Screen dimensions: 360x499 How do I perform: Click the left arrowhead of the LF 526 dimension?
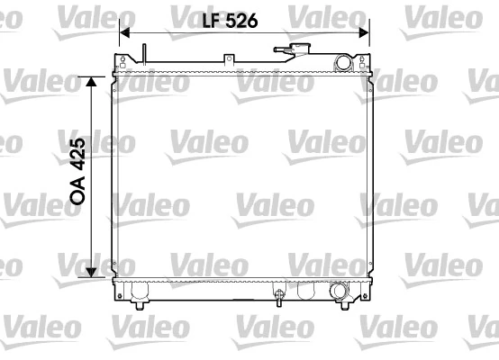125,32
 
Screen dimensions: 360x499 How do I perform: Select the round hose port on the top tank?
343,62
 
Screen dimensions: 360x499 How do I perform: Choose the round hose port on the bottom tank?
339,292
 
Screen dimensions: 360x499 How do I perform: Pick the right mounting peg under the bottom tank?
348,304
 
